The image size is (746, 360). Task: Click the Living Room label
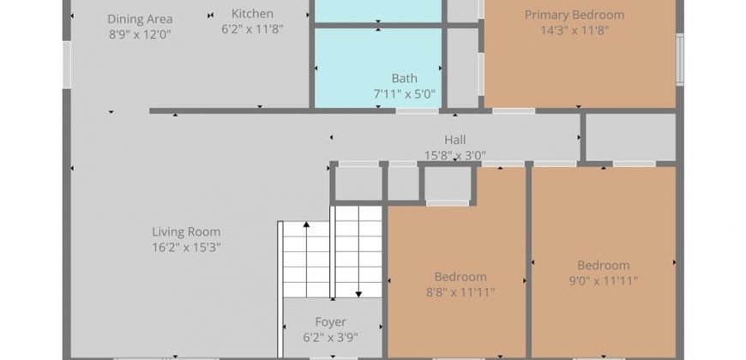coord(187,232)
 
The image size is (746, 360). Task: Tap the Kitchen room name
coord(252,14)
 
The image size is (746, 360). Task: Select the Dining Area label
coord(140,19)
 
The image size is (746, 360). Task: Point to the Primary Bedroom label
coord(575,15)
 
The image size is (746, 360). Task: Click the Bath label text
coord(405,78)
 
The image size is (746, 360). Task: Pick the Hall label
coord(454,140)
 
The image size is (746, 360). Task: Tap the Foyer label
coord(331,322)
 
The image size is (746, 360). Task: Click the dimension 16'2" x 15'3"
coord(187,248)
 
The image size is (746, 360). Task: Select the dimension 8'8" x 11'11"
coord(460,292)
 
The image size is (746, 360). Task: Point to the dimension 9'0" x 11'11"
coord(604,280)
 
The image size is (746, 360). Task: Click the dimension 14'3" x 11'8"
coord(575,31)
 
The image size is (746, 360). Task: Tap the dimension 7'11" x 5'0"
coord(405,93)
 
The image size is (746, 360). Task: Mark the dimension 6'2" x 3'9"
coord(331,338)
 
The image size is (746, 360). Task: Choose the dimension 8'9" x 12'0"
coord(140,35)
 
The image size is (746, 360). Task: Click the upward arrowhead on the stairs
coord(306,225)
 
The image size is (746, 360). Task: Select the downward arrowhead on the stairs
coord(358,294)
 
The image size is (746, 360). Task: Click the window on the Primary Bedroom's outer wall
coord(680,59)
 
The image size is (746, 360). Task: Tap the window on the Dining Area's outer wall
coord(67,64)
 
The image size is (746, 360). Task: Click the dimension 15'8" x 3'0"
coord(454,155)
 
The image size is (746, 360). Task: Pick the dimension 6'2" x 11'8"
coord(252,29)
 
